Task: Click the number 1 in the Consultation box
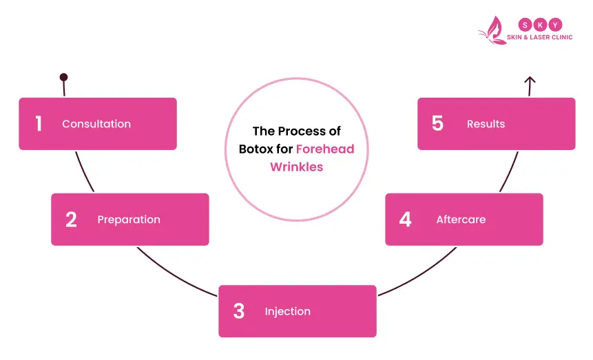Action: pyautogui.click(x=39, y=124)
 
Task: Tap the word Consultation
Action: pyautogui.click(x=96, y=124)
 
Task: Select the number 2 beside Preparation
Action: pyautogui.click(x=71, y=220)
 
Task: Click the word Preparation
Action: pyautogui.click(x=129, y=220)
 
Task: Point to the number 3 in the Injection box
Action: pyautogui.click(x=238, y=311)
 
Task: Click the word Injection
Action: pyautogui.click(x=287, y=312)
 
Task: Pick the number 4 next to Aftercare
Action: pyautogui.click(x=405, y=220)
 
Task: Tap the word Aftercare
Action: pyautogui.click(x=461, y=220)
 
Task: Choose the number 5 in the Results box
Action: pyautogui.click(x=437, y=124)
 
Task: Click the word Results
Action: pyautogui.click(x=486, y=124)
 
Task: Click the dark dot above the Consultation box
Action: pyautogui.click(x=63, y=78)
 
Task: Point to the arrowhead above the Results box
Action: pyautogui.click(x=530, y=81)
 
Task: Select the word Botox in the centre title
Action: pyautogui.click(x=257, y=149)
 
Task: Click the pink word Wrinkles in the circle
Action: pyautogui.click(x=296, y=167)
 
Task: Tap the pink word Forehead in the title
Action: pyautogui.click(x=325, y=149)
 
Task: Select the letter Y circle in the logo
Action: pyautogui.click(x=556, y=23)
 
